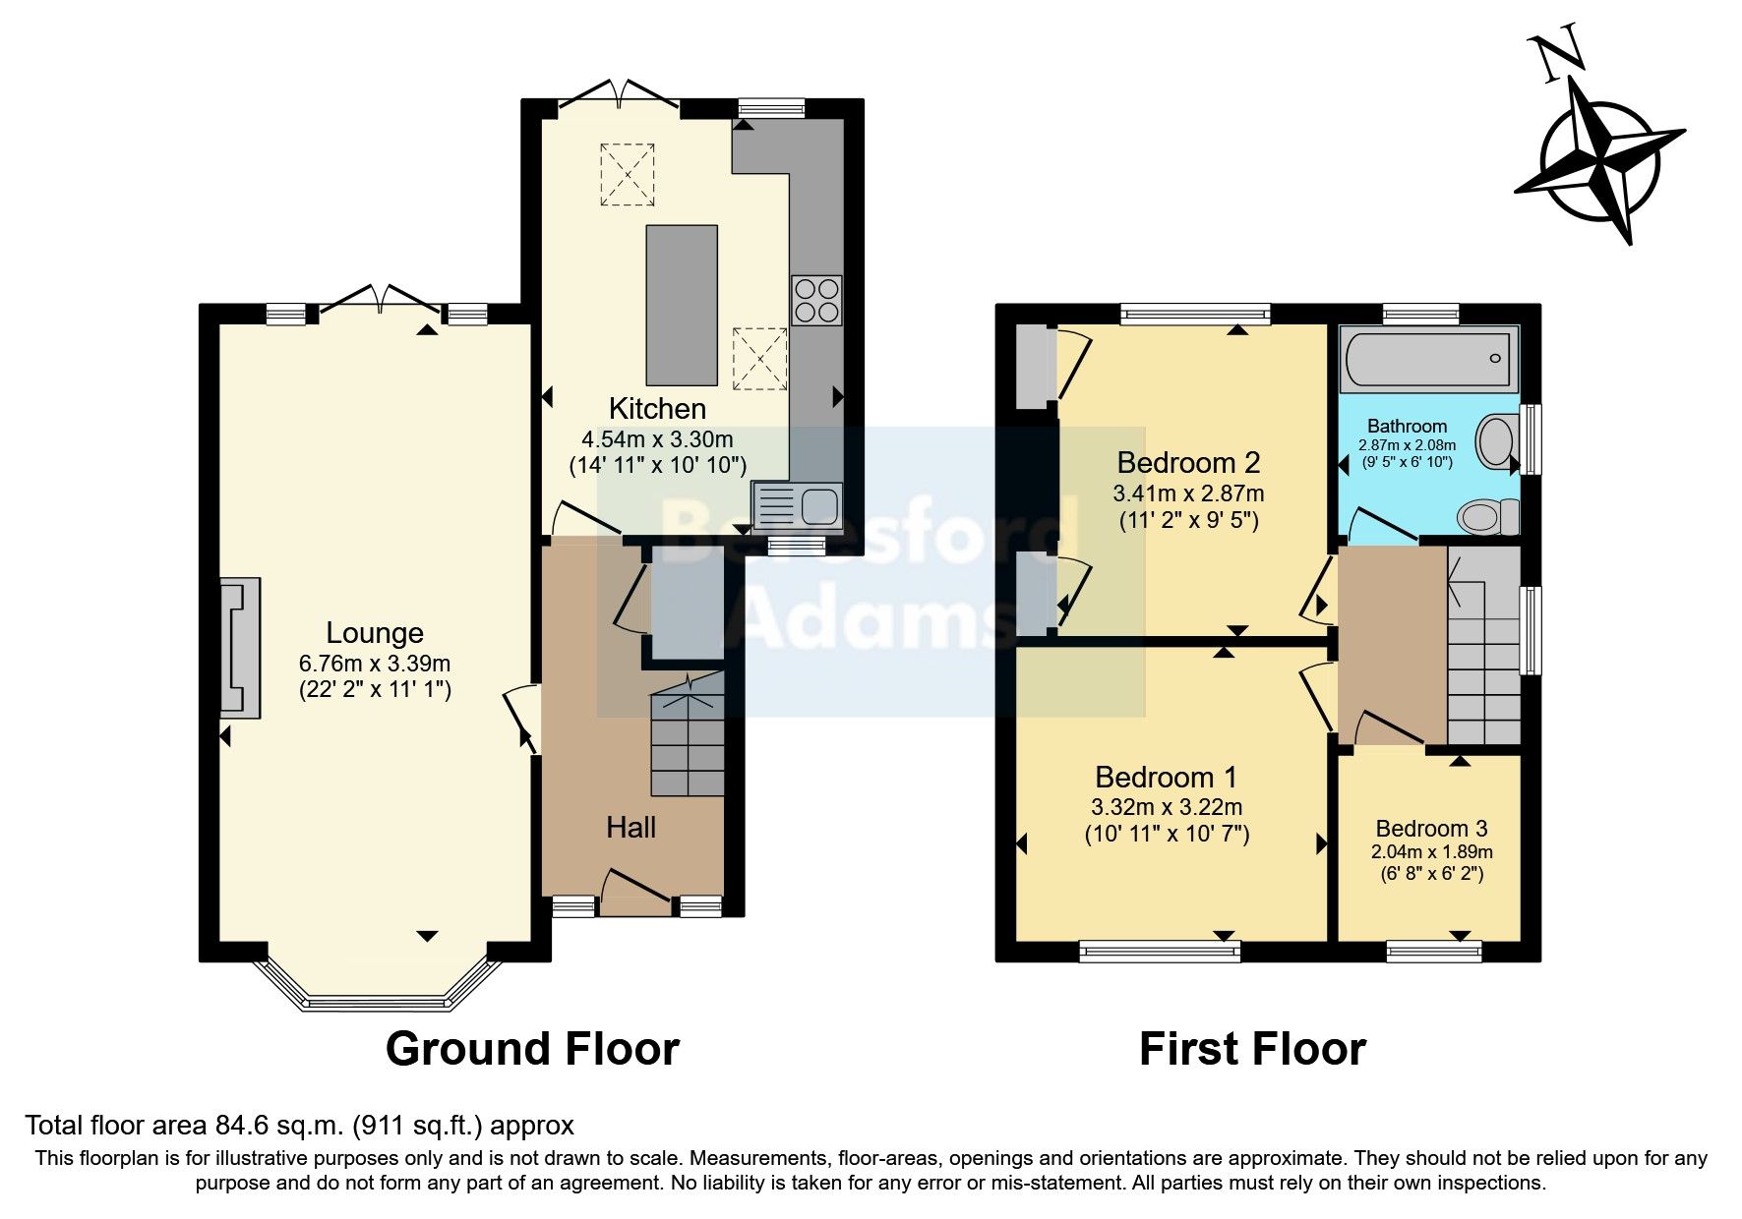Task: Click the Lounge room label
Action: (x=375, y=633)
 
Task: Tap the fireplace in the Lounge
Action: (x=240, y=647)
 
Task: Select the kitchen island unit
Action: (x=681, y=305)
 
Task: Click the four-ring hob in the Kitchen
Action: (x=816, y=300)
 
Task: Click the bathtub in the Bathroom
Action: (x=1429, y=359)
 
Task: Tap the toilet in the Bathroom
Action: (x=1487, y=516)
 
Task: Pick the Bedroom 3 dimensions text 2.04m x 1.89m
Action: (x=1431, y=852)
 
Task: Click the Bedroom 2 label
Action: (x=1188, y=462)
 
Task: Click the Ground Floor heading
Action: (x=532, y=1049)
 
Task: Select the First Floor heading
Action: (x=1252, y=1049)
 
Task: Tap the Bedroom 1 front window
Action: (x=1159, y=950)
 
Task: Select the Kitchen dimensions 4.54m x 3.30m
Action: (x=657, y=439)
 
